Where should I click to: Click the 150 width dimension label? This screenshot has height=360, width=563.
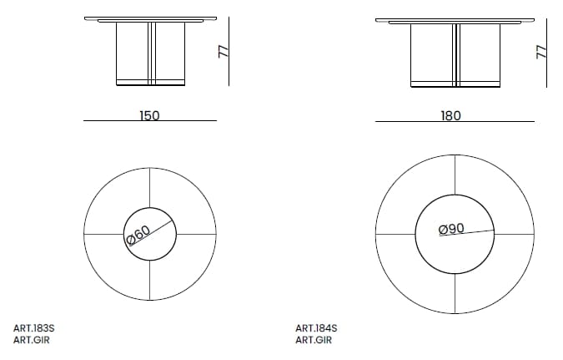point(149,115)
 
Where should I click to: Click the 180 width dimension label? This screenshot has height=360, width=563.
point(450,115)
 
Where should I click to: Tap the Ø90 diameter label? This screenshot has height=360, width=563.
point(451,228)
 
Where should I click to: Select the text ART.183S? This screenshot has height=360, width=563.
point(34,328)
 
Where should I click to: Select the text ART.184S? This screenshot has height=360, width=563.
point(316,328)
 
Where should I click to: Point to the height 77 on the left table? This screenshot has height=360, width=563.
point(223,51)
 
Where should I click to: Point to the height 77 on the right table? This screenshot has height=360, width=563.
point(540,51)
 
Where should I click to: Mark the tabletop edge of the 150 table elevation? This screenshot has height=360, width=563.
point(151,18)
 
